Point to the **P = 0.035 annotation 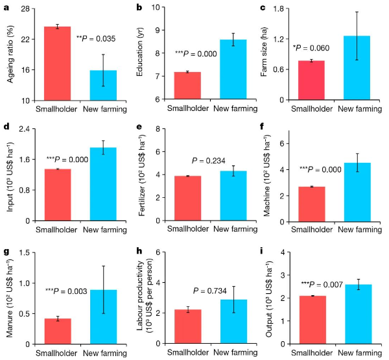96,40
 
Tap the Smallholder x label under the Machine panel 311,229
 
